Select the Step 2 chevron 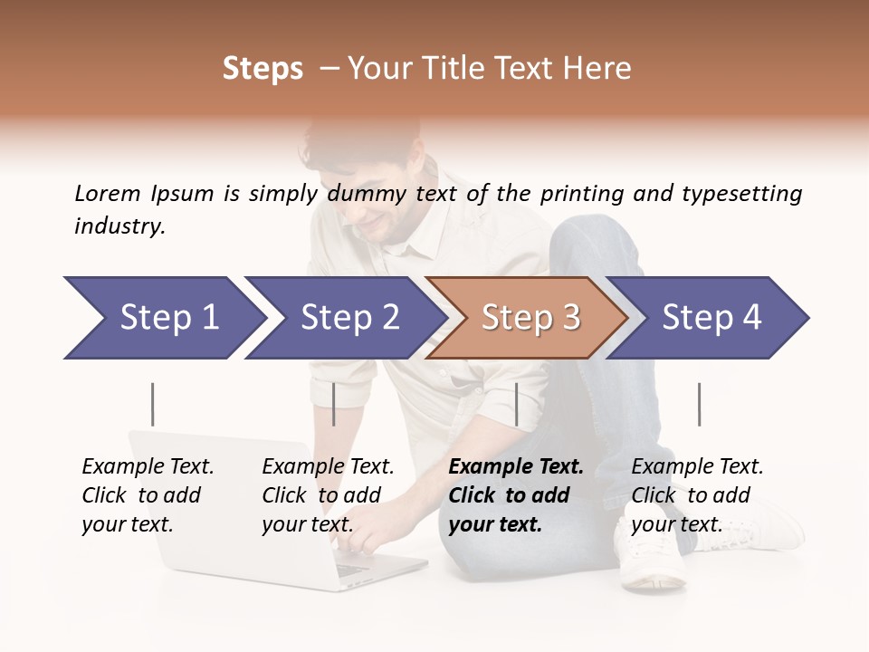coord(349,318)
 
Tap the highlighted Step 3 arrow coord(530,318)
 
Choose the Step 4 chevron coord(711,318)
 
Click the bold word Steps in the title coord(263,69)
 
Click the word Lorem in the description coord(107,193)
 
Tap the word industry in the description coord(119,225)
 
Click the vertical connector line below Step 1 coord(152,404)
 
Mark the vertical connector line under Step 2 coord(334,404)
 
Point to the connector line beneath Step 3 coord(516,404)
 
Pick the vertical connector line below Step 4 coord(699,404)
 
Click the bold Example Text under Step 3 coord(516,467)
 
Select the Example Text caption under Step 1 coord(148,467)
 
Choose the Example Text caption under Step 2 coord(328,467)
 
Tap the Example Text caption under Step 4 coord(697,467)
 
